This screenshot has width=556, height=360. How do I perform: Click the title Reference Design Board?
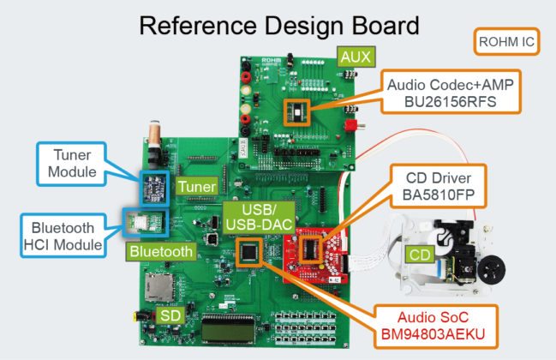coord(278,26)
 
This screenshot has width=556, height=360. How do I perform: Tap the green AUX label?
coord(355,57)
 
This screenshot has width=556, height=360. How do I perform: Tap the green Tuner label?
coord(193,185)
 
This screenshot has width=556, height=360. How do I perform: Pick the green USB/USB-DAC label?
coord(251,218)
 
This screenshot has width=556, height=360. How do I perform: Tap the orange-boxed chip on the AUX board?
coord(297,111)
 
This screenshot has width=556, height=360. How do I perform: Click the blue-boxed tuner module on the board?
coord(155,186)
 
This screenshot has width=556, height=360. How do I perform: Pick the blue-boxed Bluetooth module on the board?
coord(135,222)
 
